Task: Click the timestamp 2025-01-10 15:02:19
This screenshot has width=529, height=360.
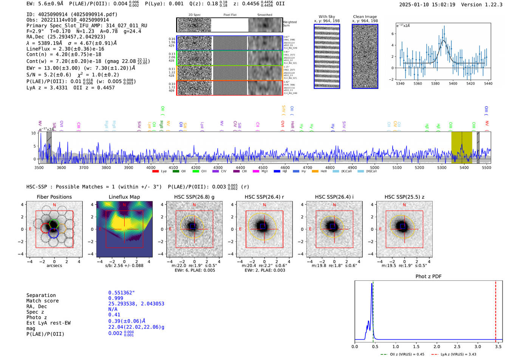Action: [427, 5]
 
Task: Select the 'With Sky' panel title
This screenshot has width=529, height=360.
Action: [327, 17]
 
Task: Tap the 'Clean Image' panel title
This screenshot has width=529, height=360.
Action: [365, 17]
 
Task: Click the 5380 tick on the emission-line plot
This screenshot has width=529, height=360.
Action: [435, 83]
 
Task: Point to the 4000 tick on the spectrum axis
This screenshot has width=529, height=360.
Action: [151, 167]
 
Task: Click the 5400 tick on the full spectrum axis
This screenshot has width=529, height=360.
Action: [464, 167]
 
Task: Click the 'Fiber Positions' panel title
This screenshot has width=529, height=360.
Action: [54, 197]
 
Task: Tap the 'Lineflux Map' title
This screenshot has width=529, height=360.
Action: [124, 197]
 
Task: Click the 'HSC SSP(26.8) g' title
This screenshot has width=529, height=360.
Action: [194, 197]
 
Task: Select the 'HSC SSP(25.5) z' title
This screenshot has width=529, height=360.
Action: [404, 197]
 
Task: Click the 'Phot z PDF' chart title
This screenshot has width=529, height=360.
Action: [428, 277]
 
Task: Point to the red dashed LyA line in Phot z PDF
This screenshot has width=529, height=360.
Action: [496, 310]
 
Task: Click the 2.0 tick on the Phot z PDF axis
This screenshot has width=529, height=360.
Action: [437, 346]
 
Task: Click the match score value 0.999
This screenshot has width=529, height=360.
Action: [116, 298]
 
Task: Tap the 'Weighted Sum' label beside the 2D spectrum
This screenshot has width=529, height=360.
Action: [290, 23]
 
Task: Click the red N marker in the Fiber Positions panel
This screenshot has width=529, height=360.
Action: [54, 205]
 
